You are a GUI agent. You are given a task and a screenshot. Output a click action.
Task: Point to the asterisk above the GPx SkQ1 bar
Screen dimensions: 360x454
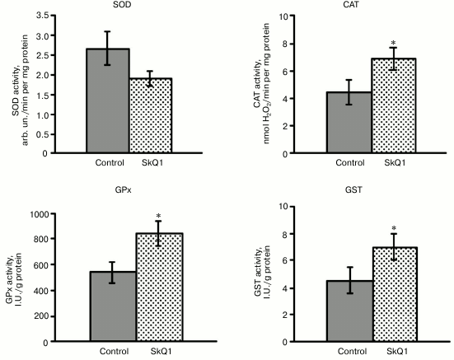pos(159,218)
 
